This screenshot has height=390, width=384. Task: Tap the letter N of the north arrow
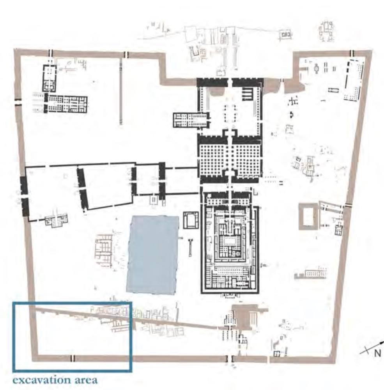coord(377,353)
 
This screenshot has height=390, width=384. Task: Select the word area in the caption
coord(84,379)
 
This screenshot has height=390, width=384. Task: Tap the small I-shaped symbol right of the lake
coord(190,247)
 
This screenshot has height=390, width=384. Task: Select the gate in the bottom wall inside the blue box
coord(73,358)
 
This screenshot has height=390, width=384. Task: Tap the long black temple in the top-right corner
coord(354,80)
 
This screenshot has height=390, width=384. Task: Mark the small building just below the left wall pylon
coord(57,221)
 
